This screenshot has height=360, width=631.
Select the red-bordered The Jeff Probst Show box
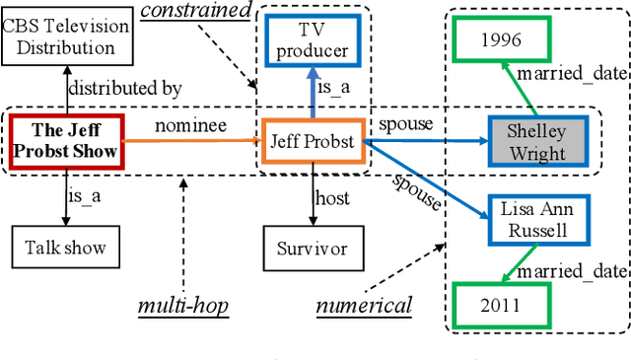[x=68, y=141]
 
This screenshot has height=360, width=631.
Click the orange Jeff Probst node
[x=312, y=141]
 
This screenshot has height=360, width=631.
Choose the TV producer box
[x=312, y=40]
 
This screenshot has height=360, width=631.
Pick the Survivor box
[x=312, y=248]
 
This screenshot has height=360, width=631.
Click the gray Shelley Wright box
[x=536, y=142]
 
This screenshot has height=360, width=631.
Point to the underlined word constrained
[x=194, y=12]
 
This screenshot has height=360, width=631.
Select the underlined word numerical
[x=364, y=306]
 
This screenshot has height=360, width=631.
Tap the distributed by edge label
[x=124, y=89]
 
